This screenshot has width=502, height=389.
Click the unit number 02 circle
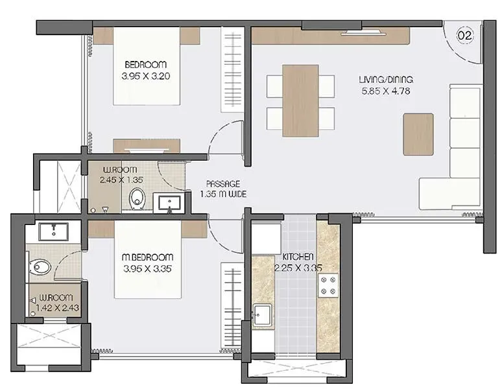tap(464, 36)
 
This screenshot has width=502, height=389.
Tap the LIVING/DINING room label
tap(386, 79)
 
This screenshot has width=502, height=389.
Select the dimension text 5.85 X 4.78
tap(386, 91)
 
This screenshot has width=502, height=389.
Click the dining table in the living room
tap(300, 100)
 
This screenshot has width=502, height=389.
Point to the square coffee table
tap(418, 134)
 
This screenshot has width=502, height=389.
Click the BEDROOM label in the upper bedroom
tap(145, 65)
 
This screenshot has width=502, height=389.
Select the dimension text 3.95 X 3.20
tap(145, 76)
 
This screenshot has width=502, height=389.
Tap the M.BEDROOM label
tap(149, 257)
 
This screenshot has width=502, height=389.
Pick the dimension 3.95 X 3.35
tap(149, 268)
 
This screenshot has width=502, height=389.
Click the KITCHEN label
tap(298, 257)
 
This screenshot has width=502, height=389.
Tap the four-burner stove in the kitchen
tap(328, 285)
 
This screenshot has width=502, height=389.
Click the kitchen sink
tap(262, 316)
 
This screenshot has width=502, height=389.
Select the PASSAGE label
tap(223, 183)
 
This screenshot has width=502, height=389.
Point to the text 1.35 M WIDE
tap(223, 194)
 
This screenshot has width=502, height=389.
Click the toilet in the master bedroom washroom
tap(41, 266)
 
